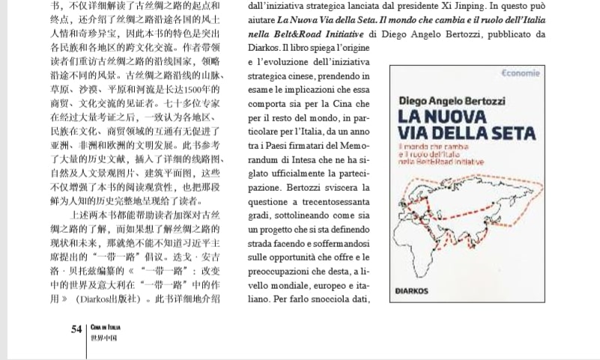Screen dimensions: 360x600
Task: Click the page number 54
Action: pyautogui.click(x=76, y=329)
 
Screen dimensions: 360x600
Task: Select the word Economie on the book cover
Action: pyautogui.click(x=518, y=73)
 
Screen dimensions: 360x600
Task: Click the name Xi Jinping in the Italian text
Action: pyautogui.click(x=434, y=6)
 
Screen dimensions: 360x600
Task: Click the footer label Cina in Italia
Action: pyautogui.click(x=104, y=327)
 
